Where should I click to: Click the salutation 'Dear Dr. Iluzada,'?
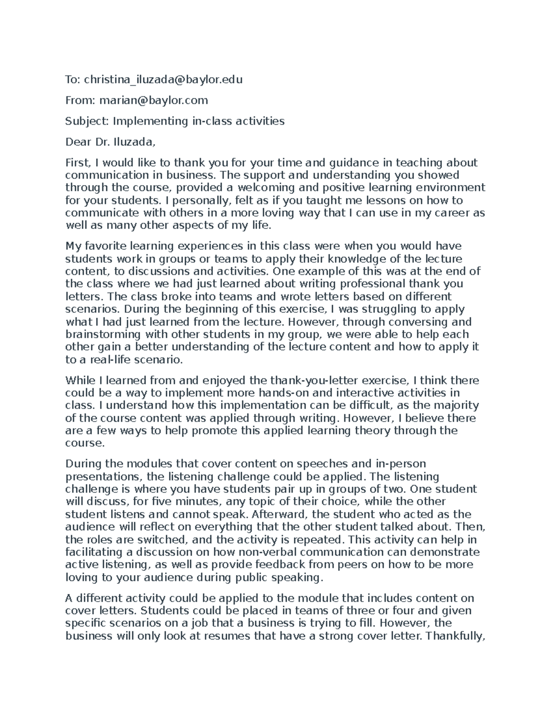pos(111,142)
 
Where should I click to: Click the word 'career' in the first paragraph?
pos(454,213)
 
